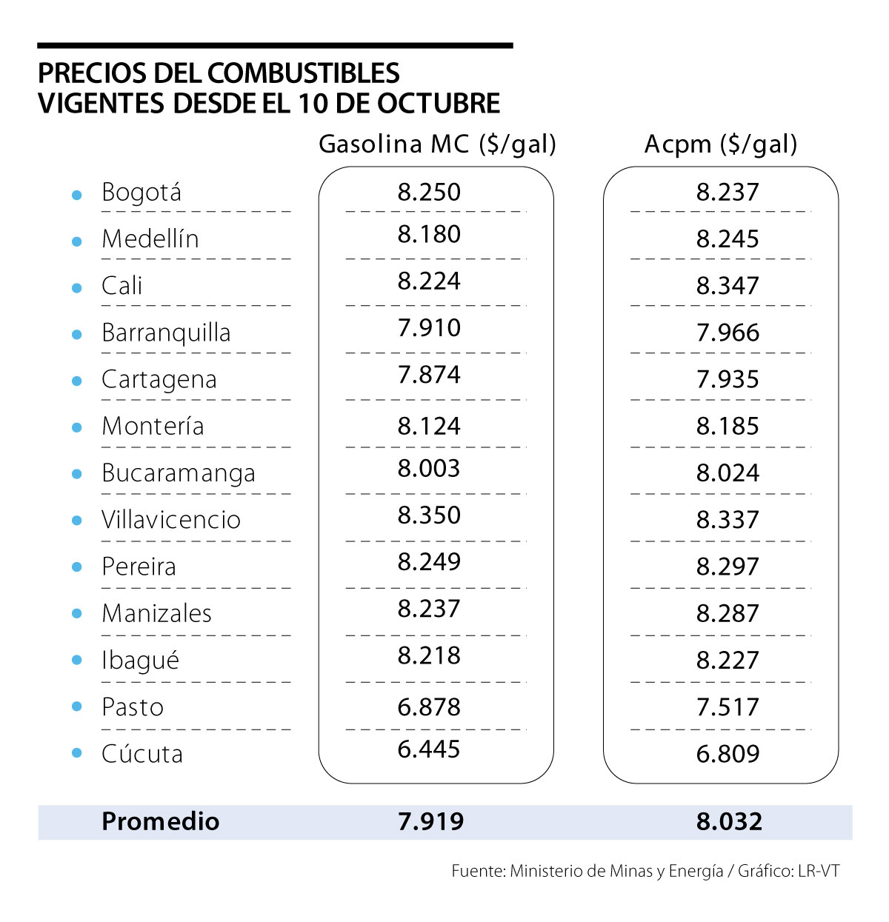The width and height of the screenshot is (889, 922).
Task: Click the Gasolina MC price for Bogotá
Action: point(429,192)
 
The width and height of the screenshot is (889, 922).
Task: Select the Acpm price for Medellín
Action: point(727,238)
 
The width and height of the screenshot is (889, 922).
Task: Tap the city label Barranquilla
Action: point(166,333)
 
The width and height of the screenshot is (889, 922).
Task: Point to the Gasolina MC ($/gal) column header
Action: point(437,144)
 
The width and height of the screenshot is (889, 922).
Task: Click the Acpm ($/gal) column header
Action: point(721,144)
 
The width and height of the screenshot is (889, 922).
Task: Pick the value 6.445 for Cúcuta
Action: point(429,749)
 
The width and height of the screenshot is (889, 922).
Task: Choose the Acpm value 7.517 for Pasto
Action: point(727,707)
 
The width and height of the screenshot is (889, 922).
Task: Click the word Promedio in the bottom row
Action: point(161,821)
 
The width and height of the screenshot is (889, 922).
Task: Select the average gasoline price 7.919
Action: point(430,821)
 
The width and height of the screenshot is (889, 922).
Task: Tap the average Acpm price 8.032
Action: point(729,821)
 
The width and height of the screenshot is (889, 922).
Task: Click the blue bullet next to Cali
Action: point(76,287)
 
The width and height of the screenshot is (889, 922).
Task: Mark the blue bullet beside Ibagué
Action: point(76,660)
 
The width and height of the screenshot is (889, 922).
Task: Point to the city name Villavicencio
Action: point(171,520)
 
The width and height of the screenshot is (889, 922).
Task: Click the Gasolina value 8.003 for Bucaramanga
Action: point(429,469)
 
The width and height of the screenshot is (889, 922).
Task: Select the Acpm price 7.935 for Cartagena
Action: point(727,379)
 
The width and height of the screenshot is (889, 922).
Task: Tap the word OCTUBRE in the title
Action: point(439,104)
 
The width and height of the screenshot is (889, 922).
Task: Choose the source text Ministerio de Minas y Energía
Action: point(616,871)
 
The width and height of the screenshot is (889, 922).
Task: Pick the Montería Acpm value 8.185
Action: point(727,426)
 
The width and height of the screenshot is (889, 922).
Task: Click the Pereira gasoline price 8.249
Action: point(429,562)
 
